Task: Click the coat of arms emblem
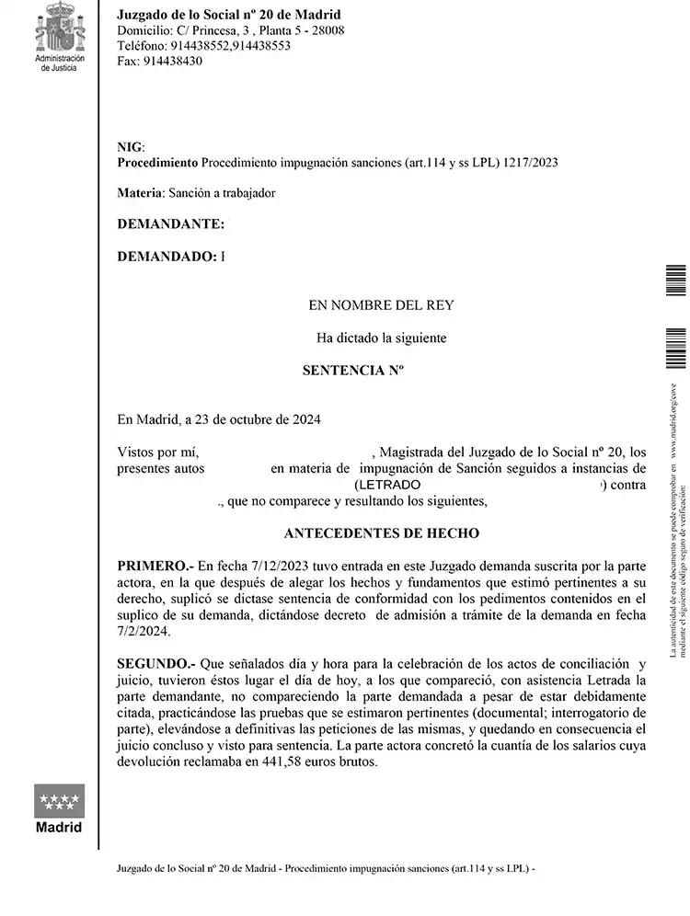click(59, 28)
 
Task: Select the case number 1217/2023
click(532, 163)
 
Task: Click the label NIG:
click(132, 147)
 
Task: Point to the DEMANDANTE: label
click(171, 223)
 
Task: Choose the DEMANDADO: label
click(167, 256)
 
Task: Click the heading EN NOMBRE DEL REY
click(381, 305)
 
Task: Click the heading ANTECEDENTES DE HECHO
click(381, 532)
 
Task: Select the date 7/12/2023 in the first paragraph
click(259, 565)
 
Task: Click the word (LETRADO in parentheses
click(387, 485)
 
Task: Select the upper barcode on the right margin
click(675, 280)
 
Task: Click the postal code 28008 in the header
click(327, 30)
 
